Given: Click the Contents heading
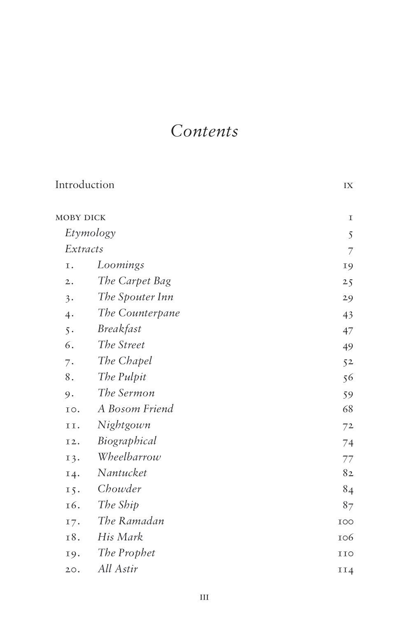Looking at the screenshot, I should (204, 131).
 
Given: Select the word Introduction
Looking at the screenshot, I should (85, 185).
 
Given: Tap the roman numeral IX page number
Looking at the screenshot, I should (348, 186).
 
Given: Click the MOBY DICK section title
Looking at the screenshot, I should (80, 217).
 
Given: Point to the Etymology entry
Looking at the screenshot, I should (90, 233).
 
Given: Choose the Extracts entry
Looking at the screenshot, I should (84, 249).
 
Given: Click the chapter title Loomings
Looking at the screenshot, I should (121, 265).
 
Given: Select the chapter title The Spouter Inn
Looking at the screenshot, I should (135, 297).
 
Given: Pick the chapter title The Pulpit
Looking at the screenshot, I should (122, 377).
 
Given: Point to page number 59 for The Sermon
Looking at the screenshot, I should (347, 395).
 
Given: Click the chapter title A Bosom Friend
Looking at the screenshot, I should (135, 409).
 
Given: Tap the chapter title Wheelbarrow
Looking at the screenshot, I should (129, 457).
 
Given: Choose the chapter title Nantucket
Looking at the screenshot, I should (122, 473).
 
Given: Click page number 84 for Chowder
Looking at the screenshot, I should (348, 489).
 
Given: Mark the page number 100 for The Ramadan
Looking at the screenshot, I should (345, 522).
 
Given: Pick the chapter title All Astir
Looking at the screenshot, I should (117, 569).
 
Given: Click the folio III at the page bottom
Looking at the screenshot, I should (204, 597).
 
